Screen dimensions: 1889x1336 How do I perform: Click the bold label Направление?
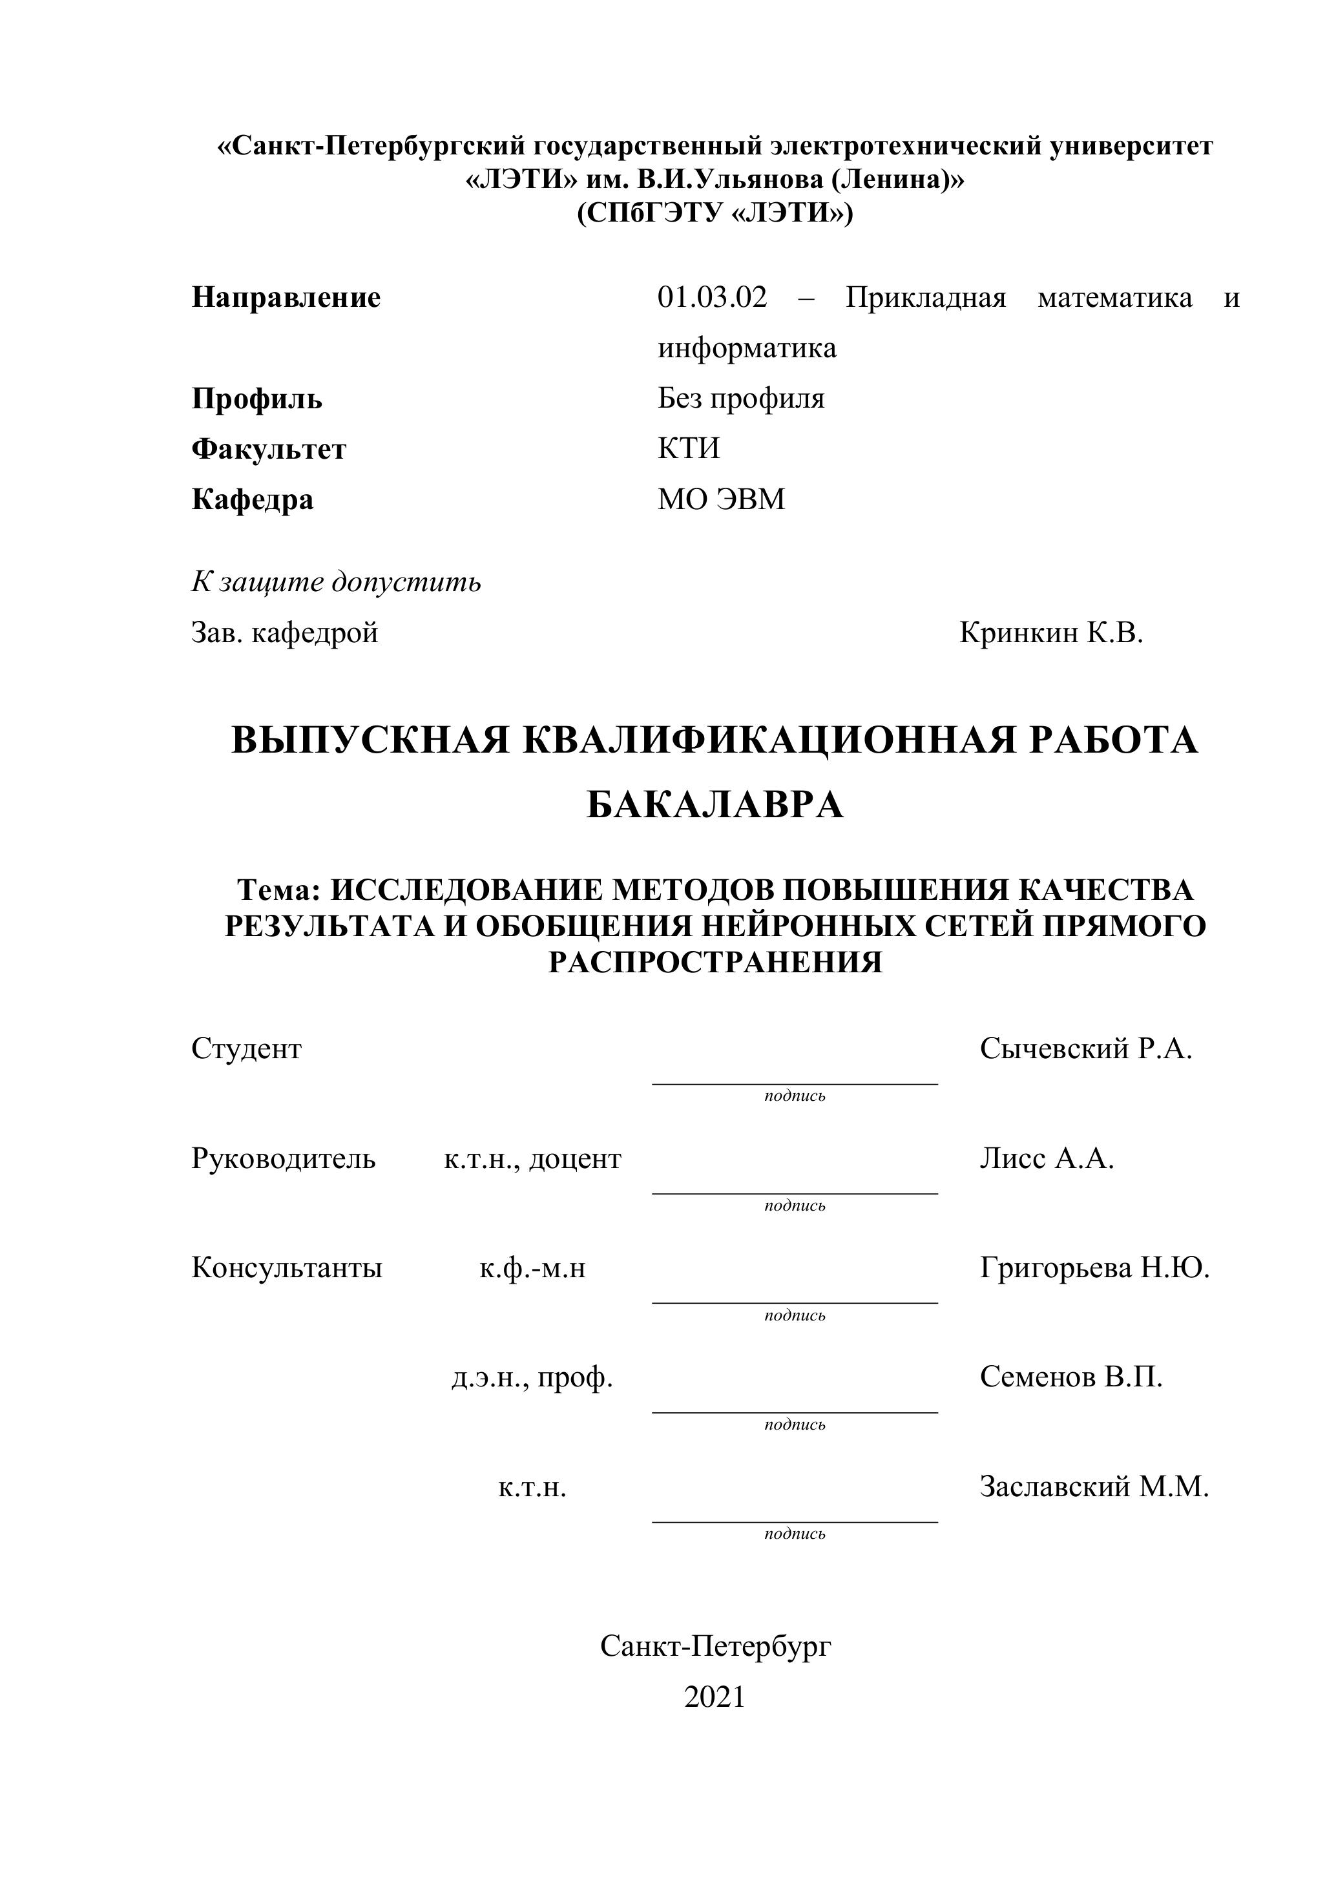click(286, 298)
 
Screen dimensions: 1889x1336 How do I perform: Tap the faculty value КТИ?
click(689, 448)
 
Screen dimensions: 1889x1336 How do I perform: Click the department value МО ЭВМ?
click(722, 499)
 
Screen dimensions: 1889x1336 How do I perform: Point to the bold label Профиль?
click(256, 399)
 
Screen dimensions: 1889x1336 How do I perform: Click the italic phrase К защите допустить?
click(336, 583)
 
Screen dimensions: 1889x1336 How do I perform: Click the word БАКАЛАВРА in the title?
click(715, 805)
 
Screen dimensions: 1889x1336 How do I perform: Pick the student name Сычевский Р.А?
click(1086, 1049)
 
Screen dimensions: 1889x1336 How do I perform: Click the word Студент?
click(247, 1049)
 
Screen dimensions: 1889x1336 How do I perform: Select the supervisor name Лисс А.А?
click(1047, 1159)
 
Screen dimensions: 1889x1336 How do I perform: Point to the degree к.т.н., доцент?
click(532, 1159)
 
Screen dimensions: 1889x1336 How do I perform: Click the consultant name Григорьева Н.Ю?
click(1094, 1269)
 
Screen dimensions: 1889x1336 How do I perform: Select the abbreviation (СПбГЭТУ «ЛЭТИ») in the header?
click(715, 214)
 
